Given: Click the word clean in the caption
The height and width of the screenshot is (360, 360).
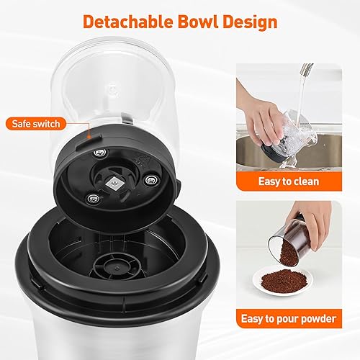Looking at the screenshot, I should click(x=320, y=181).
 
